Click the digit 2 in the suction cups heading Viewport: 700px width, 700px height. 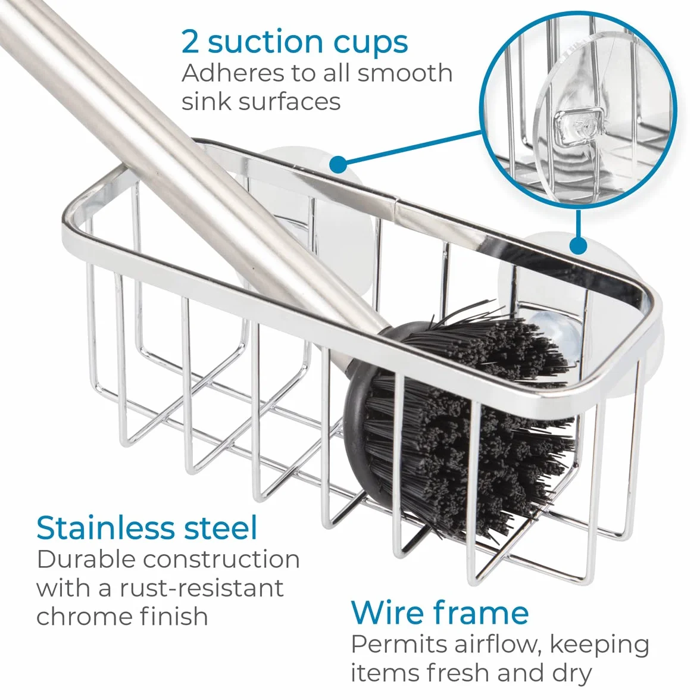(x=190, y=42)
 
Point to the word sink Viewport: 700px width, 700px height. (x=205, y=101)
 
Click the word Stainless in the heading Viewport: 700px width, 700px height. (x=106, y=527)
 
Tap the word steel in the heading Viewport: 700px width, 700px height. (x=221, y=527)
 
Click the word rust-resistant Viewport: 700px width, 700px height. (x=201, y=587)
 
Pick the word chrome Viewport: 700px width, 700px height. (x=84, y=616)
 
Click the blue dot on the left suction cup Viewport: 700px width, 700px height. (x=339, y=164)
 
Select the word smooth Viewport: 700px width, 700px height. (x=405, y=73)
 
